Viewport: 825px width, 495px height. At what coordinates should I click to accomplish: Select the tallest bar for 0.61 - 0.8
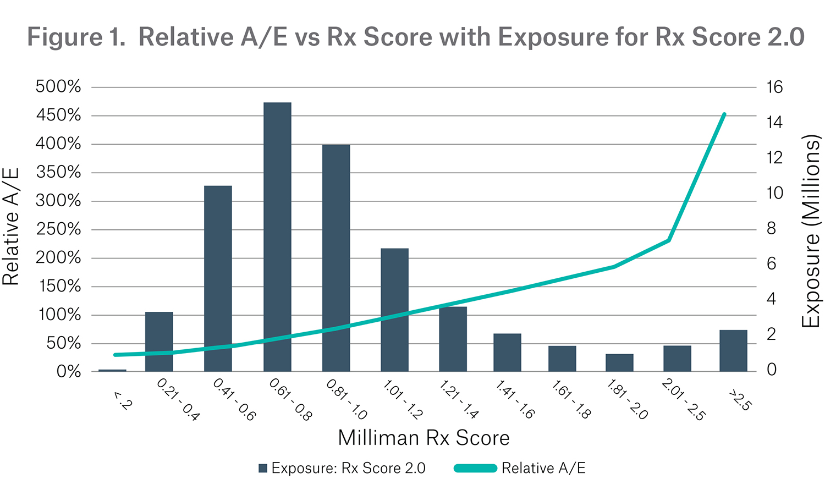point(277,237)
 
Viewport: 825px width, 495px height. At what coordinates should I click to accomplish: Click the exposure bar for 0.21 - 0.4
point(159,342)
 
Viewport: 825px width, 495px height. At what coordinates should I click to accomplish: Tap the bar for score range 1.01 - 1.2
point(394,310)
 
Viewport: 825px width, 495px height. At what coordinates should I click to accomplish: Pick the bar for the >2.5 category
point(733,350)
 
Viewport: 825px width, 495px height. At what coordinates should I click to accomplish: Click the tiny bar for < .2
point(112,370)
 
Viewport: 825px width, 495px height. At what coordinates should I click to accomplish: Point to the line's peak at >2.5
point(724,114)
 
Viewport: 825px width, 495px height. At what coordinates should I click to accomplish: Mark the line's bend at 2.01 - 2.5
point(668,240)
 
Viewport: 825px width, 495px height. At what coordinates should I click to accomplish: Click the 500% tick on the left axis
point(58,87)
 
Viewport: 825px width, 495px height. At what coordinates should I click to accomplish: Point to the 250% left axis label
point(58,229)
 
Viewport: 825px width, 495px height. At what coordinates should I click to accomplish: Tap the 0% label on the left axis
point(68,372)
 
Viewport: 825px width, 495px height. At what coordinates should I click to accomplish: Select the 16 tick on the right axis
point(774,87)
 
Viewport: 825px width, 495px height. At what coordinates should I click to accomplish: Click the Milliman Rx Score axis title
point(424,438)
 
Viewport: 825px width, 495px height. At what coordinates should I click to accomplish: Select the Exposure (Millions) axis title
point(811,231)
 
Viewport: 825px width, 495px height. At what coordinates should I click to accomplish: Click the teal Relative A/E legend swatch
point(475,469)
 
